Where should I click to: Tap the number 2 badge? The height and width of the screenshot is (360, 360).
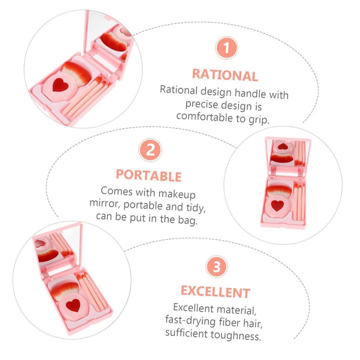click(x=150, y=150)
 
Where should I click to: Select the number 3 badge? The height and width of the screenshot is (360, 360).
click(x=217, y=266)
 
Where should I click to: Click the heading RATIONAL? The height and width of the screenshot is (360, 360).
click(x=225, y=75)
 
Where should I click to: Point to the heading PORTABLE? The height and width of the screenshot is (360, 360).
click(x=149, y=175)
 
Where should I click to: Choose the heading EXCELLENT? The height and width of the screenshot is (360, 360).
click(x=216, y=292)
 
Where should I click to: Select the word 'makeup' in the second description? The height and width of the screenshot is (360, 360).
click(x=177, y=194)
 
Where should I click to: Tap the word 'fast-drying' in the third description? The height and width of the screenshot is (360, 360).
click(x=190, y=320)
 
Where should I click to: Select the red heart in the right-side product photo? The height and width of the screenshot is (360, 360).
click(x=277, y=205)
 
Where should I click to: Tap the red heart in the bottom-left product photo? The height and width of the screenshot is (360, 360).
click(x=73, y=305)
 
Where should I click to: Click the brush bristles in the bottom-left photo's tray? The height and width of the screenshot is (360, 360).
click(x=65, y=290)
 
